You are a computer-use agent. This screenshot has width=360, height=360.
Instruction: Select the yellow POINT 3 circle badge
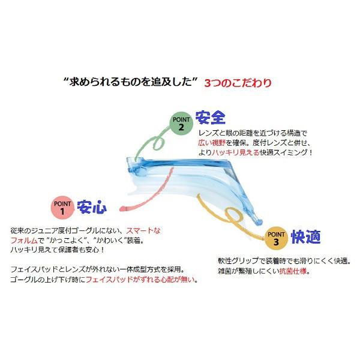(x=275, y=238)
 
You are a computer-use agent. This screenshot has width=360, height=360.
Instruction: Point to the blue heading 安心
(x=92, y=208)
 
